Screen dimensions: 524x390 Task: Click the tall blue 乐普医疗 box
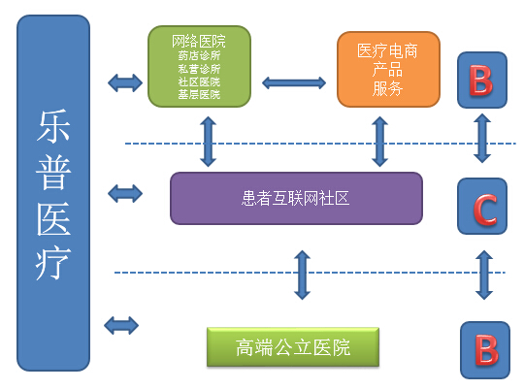pyautogui.click(x=53, y=193)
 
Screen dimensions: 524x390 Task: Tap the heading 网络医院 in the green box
pyautogui.click(x=199, y=42)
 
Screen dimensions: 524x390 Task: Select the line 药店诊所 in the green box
pyautogui.click(x=199, y=55)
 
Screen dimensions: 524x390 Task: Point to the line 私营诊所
pyautogui.click(x=199, y=69)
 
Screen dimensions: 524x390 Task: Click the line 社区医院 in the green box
pyautogui.click(x=199, y=81)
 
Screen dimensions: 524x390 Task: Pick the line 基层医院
pyautogui.click(x=199, y=94)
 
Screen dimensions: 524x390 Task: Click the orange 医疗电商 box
pyautogui.click(x=388, y=70)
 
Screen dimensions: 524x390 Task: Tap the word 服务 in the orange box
pyautogui.click(x=387, y=89)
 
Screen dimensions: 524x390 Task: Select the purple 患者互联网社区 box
pyautogui.click(x=296, y=198)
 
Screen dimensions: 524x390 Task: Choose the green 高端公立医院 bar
pyautogui.click(x=293, y=347)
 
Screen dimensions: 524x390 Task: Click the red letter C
pyautogui.click(x=485, y=210)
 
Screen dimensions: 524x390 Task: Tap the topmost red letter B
pyautogui.click(x=481, y=81)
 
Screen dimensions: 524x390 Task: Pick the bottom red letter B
pyautogui.click(x=486, y=350)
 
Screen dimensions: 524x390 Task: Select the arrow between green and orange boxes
pyautogui.click(x=294, y=82)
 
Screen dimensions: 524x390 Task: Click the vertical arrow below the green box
pyautogui.click(x=209, y=142)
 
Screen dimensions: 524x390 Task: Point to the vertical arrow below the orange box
pyautogui.click(x=380, y=142)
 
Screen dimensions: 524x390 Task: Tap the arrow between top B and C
pyautogui.click(x=482, y=138)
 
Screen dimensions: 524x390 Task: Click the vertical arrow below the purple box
pyautogui.click(x=303, y=275)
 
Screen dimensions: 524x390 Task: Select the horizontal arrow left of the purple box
pyautogui.click(x=125, y=193)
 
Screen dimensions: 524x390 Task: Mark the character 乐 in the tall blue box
pyautogui.click(x=53, y=126)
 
